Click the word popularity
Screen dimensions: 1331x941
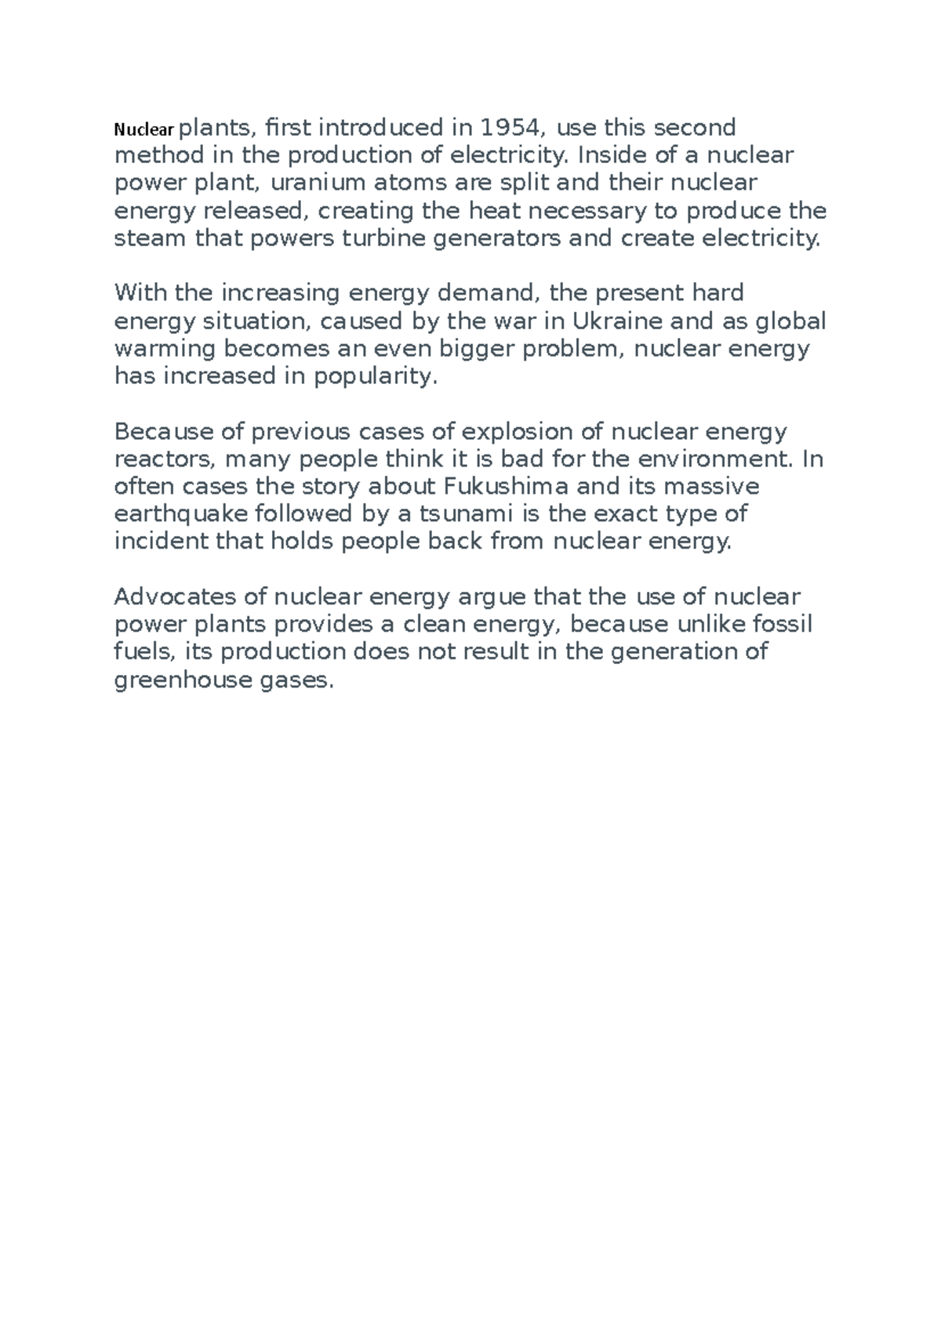click(373, 377)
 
